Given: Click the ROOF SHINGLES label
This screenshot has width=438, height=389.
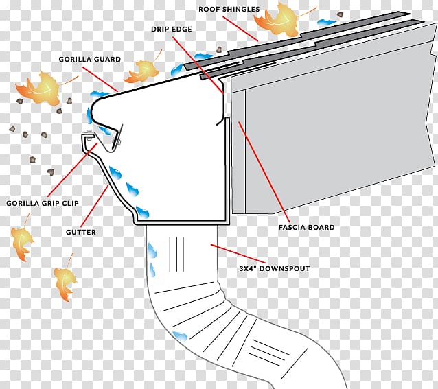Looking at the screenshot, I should (230, 9).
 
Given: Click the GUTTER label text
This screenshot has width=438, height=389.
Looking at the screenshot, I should (82, 233).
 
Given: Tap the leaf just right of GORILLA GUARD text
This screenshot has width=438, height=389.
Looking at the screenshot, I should (143, 69).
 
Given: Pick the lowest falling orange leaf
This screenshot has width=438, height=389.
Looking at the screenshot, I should (65, 282).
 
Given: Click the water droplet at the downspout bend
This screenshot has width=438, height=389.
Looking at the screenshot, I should (181, 335).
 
